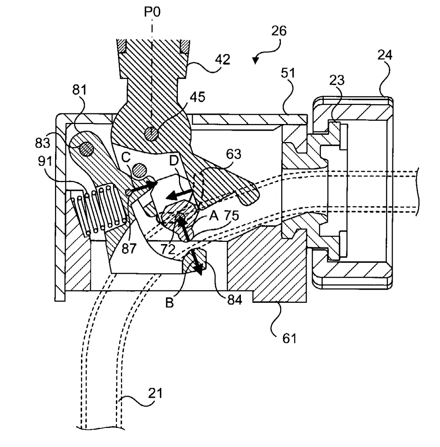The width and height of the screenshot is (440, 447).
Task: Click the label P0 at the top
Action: click(x=152, y=12)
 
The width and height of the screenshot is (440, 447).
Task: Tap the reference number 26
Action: click(x=279, y=31)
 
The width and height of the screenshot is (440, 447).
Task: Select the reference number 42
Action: click(x=222, y=59)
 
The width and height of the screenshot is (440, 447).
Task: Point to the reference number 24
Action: click(x=385, y=55)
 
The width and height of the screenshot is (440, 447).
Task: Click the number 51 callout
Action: click(x=288, y=73)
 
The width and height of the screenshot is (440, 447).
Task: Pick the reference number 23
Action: click(x=337, y=80)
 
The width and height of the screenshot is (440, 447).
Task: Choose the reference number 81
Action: click(x=80, y=90)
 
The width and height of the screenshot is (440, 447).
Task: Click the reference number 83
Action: click(x=43, y=143)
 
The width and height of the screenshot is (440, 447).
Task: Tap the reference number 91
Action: click(x=45, y=161)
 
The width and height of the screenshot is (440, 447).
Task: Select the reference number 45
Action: click(x=198, y=97)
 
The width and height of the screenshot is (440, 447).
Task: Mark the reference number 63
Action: click(x=234, y=154)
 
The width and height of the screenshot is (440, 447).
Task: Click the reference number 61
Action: click(x=289, y=339)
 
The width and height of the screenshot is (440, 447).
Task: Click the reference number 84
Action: click(x=234, y=300)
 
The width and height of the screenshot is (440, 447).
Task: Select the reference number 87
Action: click(x=129, y=249)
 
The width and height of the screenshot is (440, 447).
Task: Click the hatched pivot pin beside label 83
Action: click(x=87, y=149)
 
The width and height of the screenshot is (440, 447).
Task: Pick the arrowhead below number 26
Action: click(x=256, y=61)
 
